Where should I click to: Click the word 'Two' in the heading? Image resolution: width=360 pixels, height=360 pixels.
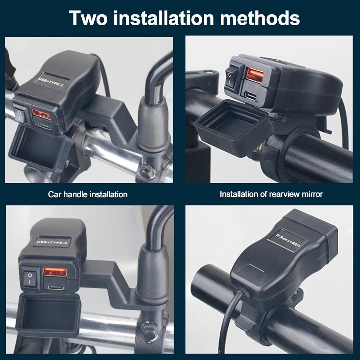click(88, 18)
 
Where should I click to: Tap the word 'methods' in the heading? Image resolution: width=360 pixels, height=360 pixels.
click(260, 18)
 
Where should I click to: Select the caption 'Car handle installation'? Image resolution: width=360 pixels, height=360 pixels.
click(88, 194)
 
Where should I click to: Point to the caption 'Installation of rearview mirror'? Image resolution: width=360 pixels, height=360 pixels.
click(271, 194)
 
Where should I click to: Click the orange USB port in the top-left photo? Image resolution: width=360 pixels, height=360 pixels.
click(41, 114)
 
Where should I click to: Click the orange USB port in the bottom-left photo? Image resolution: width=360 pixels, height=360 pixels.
click(55, 273)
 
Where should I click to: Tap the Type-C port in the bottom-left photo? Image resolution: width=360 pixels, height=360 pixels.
click(55, 287)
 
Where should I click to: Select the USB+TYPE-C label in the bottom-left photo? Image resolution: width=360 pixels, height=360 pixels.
click(52, 242)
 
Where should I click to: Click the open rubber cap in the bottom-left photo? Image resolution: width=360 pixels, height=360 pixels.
click(49, 315)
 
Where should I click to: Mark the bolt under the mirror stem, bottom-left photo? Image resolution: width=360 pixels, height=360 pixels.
click(147, 329)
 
